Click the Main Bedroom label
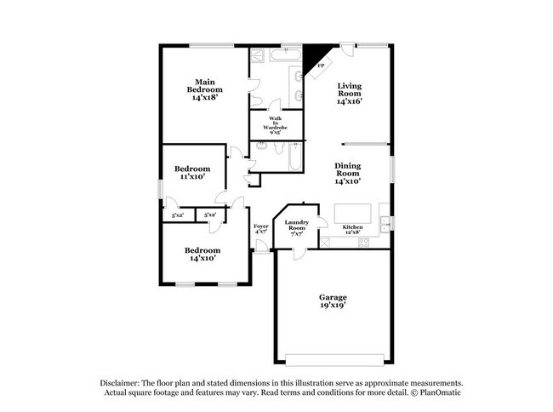[206, 89]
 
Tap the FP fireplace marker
[321, 66]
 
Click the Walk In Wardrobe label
[276, 123]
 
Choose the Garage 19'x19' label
[333, 301]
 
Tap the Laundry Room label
[296, 227]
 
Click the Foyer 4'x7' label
[261, 228]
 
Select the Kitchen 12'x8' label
[353, 229]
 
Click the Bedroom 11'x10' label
[192, 173]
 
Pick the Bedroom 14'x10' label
[203, 254]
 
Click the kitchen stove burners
[364, 243]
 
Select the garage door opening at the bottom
[333, 356]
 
